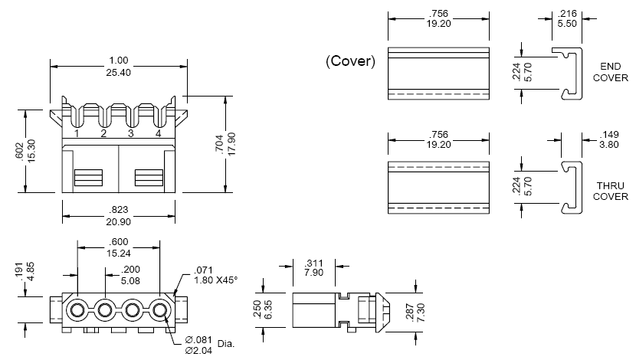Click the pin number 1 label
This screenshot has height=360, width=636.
tap(77, 134)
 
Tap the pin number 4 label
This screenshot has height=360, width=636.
tap(158, 134)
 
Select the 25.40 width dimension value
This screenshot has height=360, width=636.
tap(117, 74)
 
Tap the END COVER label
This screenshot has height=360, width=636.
tap(610, 72)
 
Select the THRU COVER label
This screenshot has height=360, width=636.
tap(611, 191)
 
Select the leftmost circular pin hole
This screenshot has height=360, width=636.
tap(77, 311)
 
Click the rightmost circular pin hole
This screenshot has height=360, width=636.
tap(159, 311)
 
